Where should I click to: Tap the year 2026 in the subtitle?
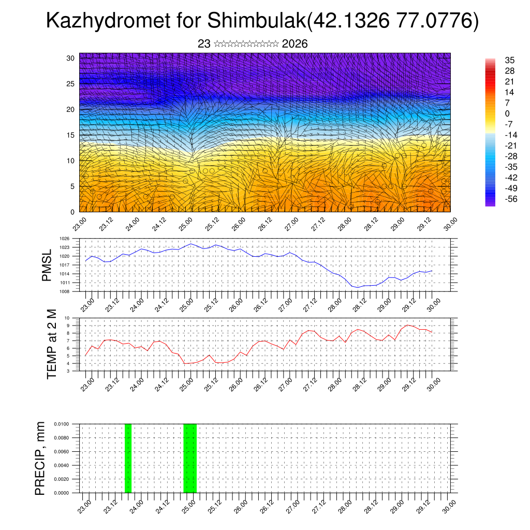pos(295,44)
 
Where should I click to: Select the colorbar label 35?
pos(510,60)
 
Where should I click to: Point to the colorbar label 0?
pos(507,114)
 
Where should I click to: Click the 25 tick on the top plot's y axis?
pos(71,83)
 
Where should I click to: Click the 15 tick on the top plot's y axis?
pos(71,135)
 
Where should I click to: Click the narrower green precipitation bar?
pos(128,458)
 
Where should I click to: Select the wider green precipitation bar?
pos(190,458)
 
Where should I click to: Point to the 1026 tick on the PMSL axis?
pos(65,239)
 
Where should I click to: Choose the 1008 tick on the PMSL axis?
pos(65,291)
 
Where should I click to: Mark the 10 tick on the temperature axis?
pos(67,318)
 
